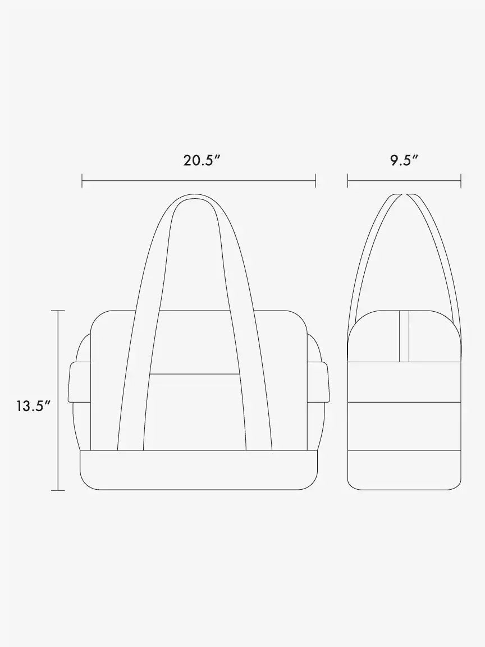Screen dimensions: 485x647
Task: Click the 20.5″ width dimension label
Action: (x=200, y=160)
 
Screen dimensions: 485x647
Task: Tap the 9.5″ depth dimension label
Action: (x=404, y=160)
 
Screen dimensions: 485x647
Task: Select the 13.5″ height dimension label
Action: (x=34, y=406)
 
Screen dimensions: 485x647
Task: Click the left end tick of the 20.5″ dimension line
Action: (x=82, y=180)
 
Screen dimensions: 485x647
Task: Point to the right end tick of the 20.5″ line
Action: (x=316, y=180)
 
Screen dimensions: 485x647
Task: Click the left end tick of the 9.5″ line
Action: (x=347, y=180)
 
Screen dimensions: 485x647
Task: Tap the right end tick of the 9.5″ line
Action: (x=461, y=180)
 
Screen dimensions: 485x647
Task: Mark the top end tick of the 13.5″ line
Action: (x=58, y=310)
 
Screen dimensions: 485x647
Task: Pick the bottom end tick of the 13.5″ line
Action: (x=58, y=490)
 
